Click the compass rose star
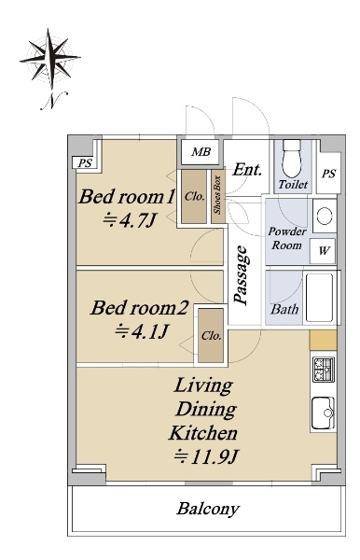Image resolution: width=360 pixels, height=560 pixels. point(49,58)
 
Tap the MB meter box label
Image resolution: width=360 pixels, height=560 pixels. point(201,152)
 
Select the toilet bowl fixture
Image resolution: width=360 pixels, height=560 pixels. point(292,159)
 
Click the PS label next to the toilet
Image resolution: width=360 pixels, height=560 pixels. point(328,174)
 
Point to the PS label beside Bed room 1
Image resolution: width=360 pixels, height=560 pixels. point(85,163)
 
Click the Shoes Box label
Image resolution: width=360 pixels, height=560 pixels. point(217,195)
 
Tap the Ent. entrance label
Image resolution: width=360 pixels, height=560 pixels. point(247,170)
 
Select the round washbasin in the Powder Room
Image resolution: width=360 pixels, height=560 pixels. point(325,216)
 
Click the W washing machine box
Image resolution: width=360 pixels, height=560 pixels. point(323,251)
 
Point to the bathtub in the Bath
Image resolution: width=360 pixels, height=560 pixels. point(320,298)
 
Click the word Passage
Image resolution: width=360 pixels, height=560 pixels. point(241,275)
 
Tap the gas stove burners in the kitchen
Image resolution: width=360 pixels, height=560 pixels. point(324,370)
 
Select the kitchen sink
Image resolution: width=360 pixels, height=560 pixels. point(323,413)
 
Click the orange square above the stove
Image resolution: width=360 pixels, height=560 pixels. point(323,340)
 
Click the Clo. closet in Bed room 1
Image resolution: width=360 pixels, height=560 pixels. point(194,197)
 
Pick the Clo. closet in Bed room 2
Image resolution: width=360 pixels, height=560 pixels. point(211,336)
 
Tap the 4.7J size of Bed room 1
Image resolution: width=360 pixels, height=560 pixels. point(130,220)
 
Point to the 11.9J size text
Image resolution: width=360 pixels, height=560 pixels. point(206,456)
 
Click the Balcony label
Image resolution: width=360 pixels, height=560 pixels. point(208,509)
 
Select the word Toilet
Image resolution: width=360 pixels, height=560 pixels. point(293,185)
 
